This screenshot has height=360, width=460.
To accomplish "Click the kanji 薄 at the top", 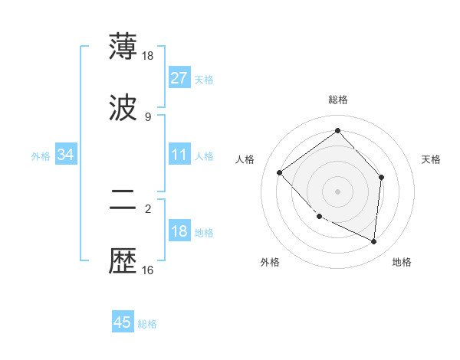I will (123, 47).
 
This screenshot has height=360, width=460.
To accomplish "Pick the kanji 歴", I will (123, 260).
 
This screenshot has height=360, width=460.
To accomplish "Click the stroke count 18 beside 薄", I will (148, 56).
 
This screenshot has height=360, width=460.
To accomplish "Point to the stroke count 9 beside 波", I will (148, 116).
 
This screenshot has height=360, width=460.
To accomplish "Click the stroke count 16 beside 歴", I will (148, 270).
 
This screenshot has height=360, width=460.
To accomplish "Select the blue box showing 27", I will (179, 78).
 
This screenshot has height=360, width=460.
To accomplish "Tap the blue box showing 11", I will (179, 155).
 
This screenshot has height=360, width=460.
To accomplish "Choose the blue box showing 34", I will (65, 155).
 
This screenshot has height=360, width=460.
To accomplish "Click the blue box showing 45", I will (123, 322).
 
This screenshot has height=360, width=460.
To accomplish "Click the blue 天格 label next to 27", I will (204, 79).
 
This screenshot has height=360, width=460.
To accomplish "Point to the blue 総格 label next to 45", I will (147, 323).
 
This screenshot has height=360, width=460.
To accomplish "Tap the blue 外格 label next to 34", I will (41, 155).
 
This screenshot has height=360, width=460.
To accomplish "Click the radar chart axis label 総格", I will (337, 100).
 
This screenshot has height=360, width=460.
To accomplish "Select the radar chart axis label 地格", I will (402, 262).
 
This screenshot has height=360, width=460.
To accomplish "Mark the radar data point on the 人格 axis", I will (280, 172).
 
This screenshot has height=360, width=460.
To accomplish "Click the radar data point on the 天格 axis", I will (382, 177).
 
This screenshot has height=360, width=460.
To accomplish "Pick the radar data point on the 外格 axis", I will (320, 216).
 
